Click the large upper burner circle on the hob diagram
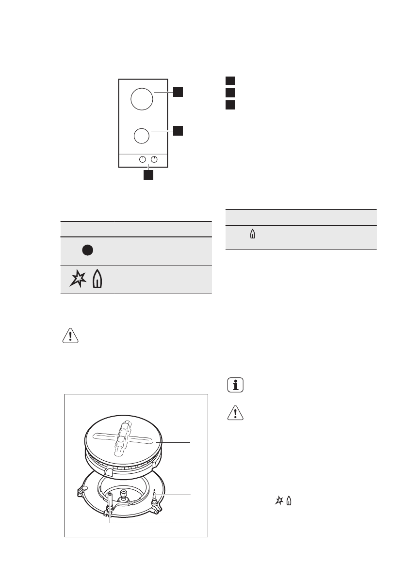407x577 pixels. (x=142, y=99)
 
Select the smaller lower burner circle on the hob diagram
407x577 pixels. (x=141, y=136)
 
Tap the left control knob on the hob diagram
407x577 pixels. (x=143, y=159)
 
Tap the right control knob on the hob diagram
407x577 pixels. (x=155, y=159)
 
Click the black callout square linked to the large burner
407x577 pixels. (x=179, y=92)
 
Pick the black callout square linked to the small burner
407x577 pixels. (x=179, y=130)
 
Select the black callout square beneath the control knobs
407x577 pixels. (x=148, y=175)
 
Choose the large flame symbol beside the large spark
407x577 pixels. (x=97, y=280)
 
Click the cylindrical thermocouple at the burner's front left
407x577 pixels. (x=111, y=501)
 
